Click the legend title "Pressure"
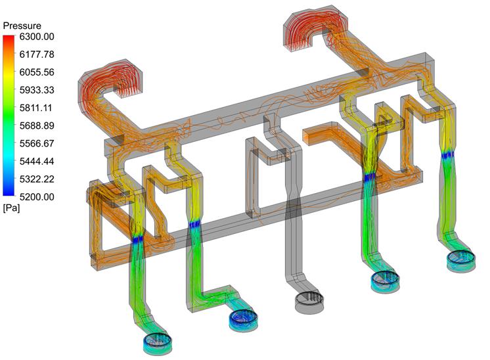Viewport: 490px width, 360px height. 22,26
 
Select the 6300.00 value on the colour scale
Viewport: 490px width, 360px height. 37,37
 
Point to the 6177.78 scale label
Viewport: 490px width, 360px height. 37,55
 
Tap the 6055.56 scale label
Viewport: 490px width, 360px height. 37,72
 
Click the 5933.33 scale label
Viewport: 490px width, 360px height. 37,90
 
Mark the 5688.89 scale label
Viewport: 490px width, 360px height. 37,125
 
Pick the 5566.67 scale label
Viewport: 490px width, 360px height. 37,143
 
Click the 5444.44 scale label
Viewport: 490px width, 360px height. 37,161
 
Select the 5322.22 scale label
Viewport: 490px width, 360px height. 37,179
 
